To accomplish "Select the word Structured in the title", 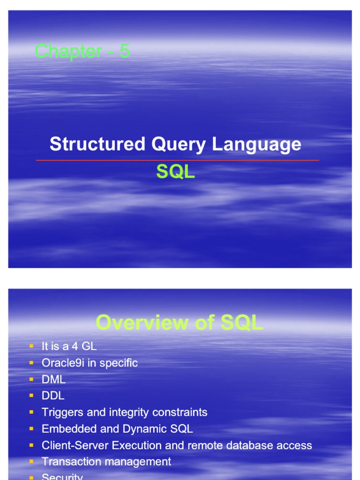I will click(97, 144).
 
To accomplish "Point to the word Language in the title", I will click(256, 144).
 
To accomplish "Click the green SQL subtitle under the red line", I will click(175, 172).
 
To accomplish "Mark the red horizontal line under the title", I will click(178, 160).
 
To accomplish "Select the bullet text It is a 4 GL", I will click(69, 346).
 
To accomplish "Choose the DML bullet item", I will click(53, 379).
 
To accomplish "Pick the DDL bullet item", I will click(53, 396).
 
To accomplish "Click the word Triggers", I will click(61, 412).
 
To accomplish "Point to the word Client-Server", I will click(75, 445).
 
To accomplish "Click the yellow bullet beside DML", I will click(31, 379).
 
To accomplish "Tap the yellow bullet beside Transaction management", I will click(31, 462).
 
